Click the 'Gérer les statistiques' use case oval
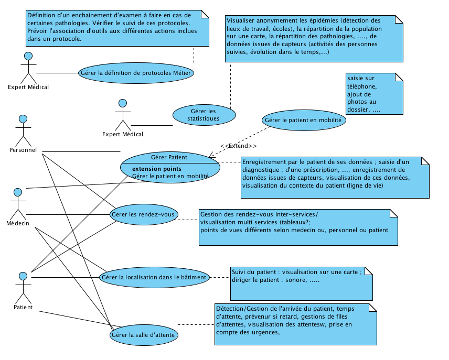point(204,115)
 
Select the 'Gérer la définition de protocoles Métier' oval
point(135,73)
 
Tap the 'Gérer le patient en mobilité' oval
point(303,120)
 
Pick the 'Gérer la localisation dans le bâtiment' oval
point(154,277)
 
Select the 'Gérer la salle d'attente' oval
point(143,334)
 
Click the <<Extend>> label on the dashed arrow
point(239,145)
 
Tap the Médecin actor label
point(18,223)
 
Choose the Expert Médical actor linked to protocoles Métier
point(28,67)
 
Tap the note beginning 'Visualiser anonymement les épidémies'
point(314,39)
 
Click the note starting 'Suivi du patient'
point(301,283)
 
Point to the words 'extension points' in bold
point(157,169)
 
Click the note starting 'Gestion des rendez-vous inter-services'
point(298,227)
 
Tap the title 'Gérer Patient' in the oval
point(169,157)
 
